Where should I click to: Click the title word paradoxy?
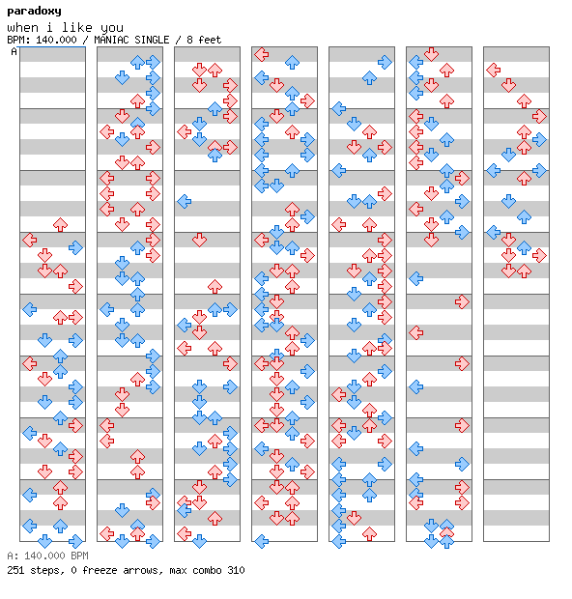coord(34,12)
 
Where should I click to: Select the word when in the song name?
coord(22,28)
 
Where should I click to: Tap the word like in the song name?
coord(76,27)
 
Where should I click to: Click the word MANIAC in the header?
coord(112,40)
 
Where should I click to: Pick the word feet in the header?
coord(210,40)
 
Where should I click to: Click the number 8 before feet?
coord(189,40)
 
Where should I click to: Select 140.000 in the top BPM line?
coord(56,40)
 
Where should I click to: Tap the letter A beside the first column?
coord(14,51)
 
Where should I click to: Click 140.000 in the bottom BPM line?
coord(44,556)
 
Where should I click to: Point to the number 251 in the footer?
coord(15,570)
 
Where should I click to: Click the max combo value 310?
coord(236,570)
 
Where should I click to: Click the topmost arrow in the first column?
coord(60,224)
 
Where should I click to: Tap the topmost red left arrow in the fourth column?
coord(261,55)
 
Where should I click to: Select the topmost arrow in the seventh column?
coord(494,70)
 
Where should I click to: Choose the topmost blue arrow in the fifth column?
coord(385,62)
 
